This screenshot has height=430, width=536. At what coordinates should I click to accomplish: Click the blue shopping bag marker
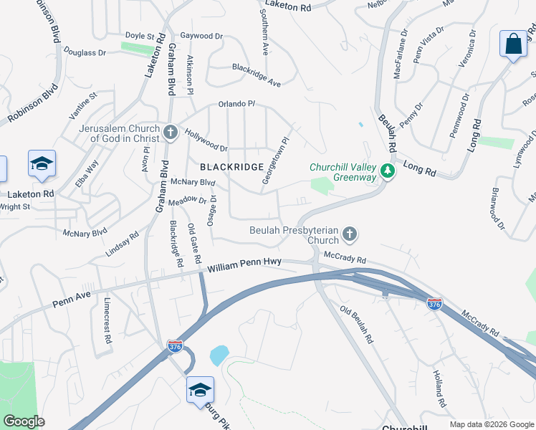tap(513, 44)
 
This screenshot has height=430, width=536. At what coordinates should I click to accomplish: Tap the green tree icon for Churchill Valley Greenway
tap(388, 171)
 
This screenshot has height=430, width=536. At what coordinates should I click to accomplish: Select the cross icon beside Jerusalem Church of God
tap(171, 132)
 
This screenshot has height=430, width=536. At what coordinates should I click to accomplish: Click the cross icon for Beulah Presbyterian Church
tap(349, 234)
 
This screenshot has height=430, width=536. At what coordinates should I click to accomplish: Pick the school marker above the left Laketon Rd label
tap(42, 164)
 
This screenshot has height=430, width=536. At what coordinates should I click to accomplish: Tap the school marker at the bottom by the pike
tap(200, 391)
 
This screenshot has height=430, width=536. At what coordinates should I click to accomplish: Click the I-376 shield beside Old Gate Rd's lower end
tap(175, 345)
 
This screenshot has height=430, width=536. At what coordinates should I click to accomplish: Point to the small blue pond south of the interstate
tap(219, 354)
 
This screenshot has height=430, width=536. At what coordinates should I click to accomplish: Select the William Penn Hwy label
tap(244, 267)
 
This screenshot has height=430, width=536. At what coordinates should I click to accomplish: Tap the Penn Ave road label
tap(72, 300)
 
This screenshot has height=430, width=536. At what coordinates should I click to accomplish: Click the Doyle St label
tap(140, 35)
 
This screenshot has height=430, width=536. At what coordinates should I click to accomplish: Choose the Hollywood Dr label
tap(206, 140)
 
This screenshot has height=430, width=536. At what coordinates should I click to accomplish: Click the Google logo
tap(24, 421)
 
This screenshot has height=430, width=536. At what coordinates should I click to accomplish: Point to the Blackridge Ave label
tap(256, 75)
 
